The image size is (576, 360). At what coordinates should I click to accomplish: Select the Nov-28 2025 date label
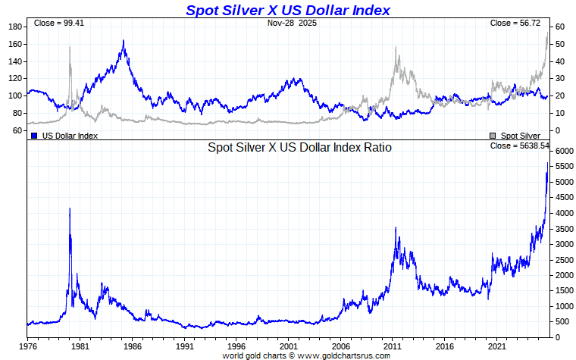pyautogui.click(x=293, y=23)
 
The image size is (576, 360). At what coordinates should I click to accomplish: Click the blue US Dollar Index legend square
pyautogui.click(x=34, y=135)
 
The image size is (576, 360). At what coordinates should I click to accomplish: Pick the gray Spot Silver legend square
pyautogui.click(x=493, y=135)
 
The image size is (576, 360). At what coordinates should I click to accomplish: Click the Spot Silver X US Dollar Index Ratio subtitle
pyautogui.click(x=299, y=148)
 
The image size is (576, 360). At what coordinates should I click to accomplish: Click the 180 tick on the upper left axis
pyautogui.click(x=14, y=27)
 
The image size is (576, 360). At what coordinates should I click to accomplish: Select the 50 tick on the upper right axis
pyautogui.click(x=559, y=44)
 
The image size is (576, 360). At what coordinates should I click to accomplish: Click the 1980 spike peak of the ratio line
pyautogui.click(x=70, y=208)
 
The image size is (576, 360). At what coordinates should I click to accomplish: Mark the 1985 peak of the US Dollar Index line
pyautogui.click(x=124, y=41)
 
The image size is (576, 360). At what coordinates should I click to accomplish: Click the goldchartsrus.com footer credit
pyautogui.click(x=305, y=355)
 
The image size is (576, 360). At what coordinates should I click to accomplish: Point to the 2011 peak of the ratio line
pyautogui.click(x=396, y=227)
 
